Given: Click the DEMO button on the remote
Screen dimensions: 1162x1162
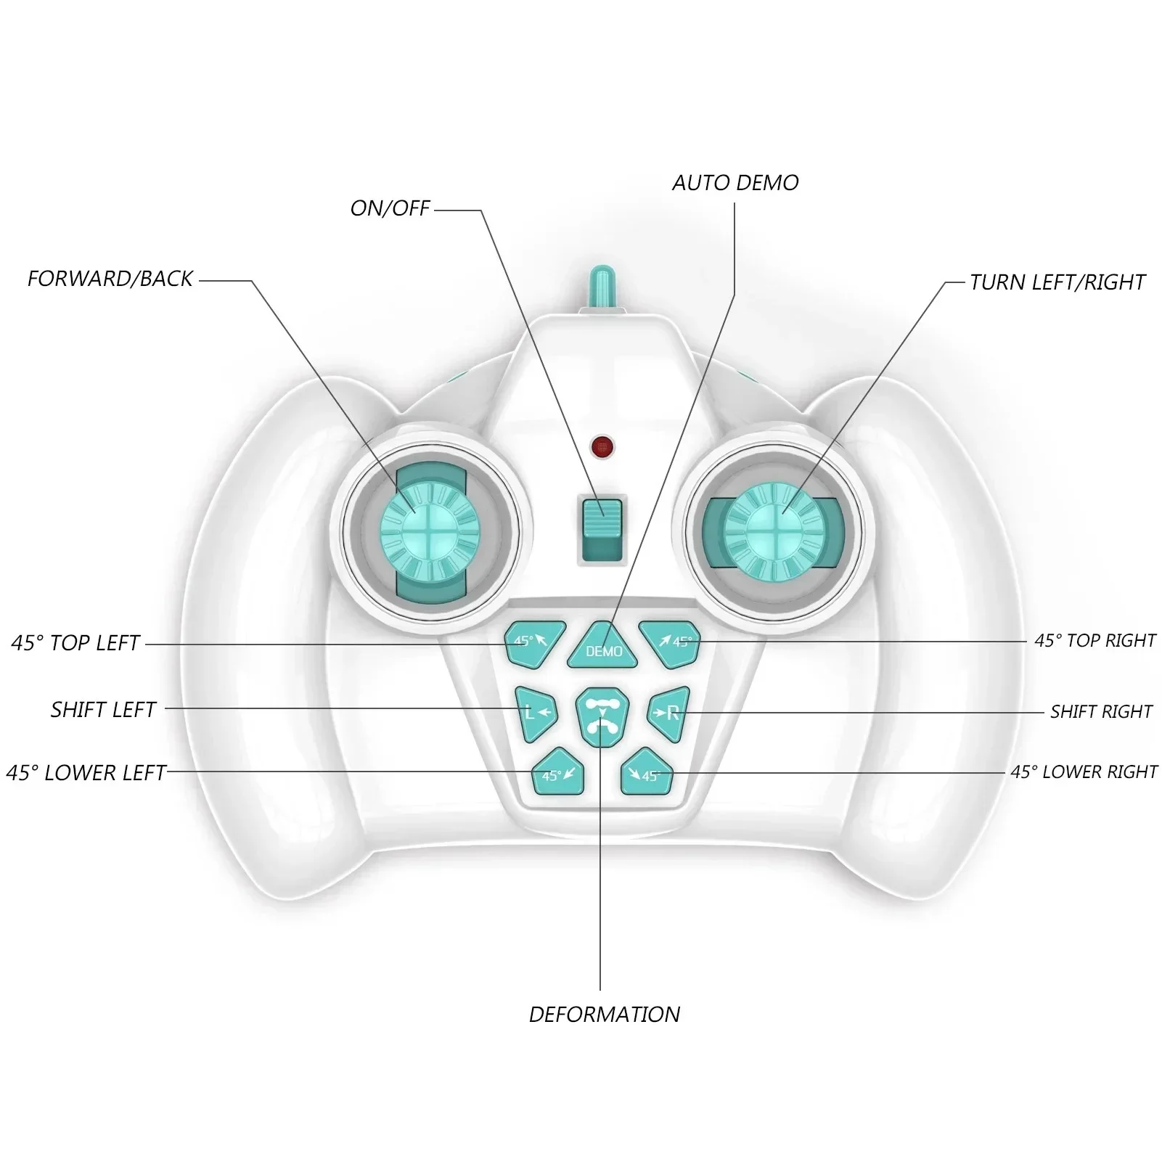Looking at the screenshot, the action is [602, 646].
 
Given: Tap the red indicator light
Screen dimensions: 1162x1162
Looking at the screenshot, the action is [601, 446].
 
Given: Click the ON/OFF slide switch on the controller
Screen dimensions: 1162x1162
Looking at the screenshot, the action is [602, 529].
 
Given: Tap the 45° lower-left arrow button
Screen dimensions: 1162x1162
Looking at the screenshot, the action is [559, 771].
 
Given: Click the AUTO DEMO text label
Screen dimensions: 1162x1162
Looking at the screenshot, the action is [735, 183].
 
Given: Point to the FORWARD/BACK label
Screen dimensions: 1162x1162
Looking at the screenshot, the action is [110, 279].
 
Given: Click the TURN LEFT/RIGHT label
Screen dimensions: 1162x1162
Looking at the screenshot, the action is [1057, 282].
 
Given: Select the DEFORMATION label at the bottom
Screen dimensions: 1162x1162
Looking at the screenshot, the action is [605, 1014].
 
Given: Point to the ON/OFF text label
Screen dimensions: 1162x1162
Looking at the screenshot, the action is [390, 208].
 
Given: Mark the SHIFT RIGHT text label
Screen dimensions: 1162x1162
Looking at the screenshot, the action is [1101, 711].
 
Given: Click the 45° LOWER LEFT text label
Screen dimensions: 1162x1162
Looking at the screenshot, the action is [86, 772].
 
